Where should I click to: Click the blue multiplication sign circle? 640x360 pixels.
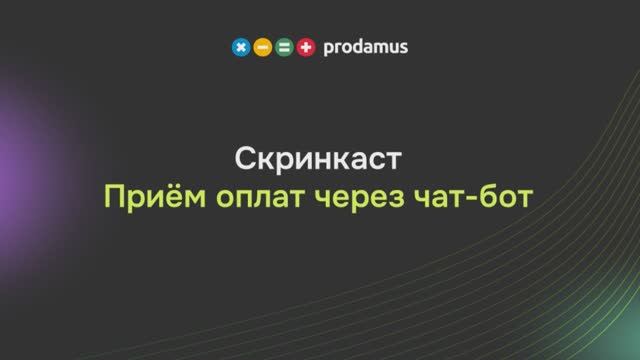click(240, 47)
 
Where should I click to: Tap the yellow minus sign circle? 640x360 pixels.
click(262, 47)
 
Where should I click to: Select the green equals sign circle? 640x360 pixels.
click(284, 47)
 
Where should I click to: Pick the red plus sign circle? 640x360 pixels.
click(306, 47)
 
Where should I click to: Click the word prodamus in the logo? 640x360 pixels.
click(365, 47)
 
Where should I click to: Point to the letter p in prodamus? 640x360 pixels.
click(328, 48)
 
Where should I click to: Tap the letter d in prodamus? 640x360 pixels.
click(356, 46)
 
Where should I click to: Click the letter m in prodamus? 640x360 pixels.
click(379, 47)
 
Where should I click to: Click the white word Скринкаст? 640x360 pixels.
click(319, 160)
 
